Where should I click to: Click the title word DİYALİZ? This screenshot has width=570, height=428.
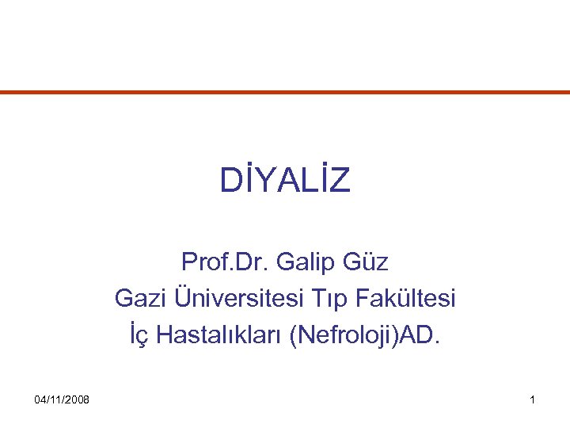pyautogui.click(x=285, y=182)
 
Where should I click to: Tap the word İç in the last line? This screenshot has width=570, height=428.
pyautogui.click(x=139, y=336)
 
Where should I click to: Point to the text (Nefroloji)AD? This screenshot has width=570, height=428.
pyautogui.click(x=367, y=336)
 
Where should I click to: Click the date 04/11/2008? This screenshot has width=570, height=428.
pyautogui.click(x=63, y=399)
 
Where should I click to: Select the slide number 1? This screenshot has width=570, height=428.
pyautogui.click(x=533, y=399)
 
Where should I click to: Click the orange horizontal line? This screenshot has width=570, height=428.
pyautogui.click(x=285, y=93)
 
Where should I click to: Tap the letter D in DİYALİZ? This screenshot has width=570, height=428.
pyautogui.click(x=229, y=182)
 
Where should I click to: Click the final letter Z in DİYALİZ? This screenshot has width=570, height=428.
pyautogui.click(x=340, y=182)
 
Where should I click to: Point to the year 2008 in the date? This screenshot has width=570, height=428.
pyautogui.click(x=77, y=399)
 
